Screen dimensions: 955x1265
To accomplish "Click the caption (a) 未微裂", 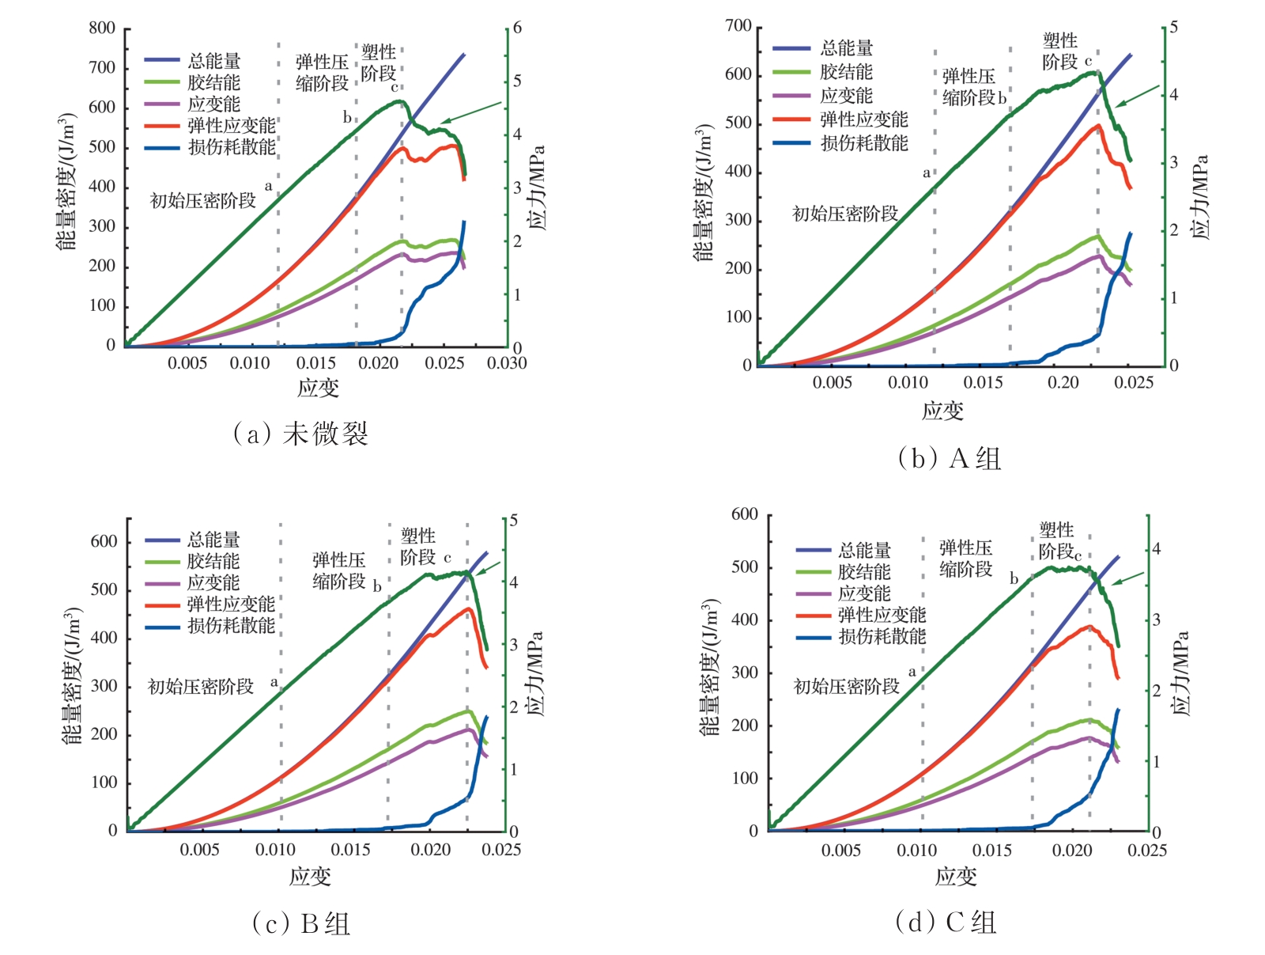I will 300,434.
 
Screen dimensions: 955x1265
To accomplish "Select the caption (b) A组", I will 949,458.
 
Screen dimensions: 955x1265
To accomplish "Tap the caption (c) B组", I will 300,923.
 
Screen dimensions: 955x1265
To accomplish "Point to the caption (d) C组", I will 946,922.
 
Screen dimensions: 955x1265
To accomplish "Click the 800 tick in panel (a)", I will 102,28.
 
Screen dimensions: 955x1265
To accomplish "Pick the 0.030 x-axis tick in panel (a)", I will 507,363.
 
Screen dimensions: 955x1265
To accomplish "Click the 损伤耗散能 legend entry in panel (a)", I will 232,147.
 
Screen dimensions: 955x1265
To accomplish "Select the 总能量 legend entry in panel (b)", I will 846,48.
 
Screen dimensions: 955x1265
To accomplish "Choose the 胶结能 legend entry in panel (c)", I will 213,562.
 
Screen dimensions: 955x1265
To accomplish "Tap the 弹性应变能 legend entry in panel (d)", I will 882,615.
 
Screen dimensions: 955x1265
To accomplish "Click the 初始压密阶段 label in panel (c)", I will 201,687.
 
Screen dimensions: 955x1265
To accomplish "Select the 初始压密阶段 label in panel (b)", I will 845,214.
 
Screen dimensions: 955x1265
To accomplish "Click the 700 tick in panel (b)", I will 738,27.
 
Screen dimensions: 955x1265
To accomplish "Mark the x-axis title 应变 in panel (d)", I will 956,877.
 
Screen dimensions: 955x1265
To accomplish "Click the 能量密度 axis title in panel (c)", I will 73,676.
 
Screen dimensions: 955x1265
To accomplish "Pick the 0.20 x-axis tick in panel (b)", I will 1063,383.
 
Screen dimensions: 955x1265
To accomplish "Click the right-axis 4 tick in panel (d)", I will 1157,549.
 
